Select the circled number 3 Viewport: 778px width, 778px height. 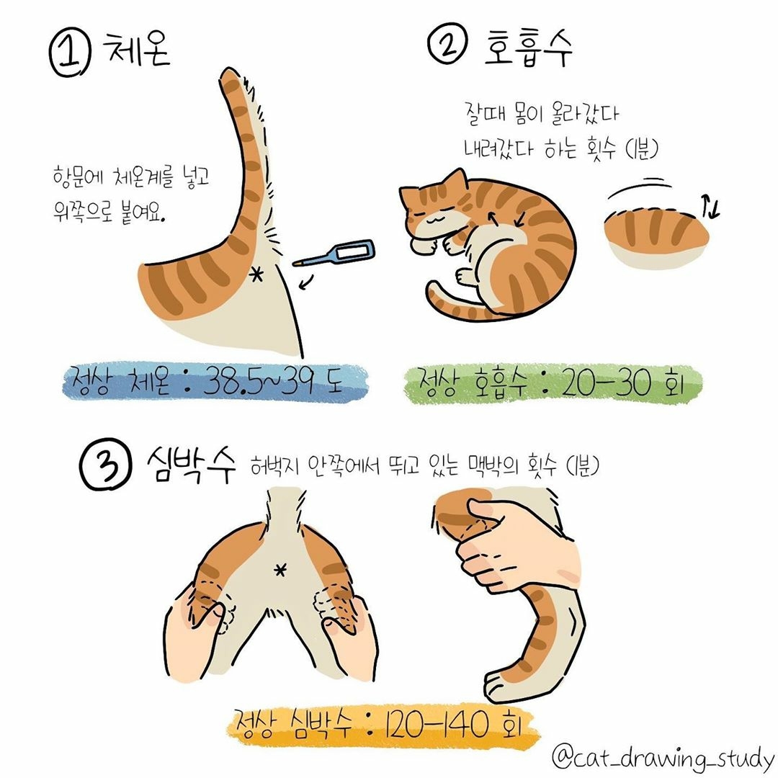pos(106,464)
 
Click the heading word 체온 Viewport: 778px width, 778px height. pos(136,49)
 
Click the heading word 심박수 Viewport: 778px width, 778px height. pos(191,464)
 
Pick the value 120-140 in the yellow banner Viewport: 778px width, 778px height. pos(436,725)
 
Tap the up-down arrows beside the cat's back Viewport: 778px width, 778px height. pos(710,207)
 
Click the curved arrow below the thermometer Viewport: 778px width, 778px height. pos(307,282)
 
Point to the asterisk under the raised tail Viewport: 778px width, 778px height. pos(256,274)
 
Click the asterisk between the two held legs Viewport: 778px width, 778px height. pos(280,571)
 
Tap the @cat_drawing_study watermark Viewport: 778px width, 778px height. pos(663,758)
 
